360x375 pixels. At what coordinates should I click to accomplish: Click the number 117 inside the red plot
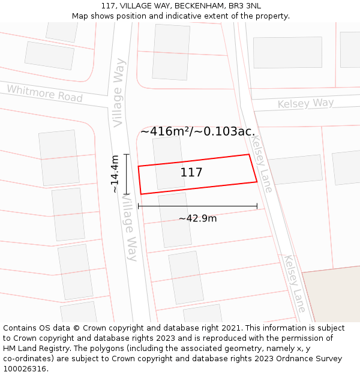point(191,173)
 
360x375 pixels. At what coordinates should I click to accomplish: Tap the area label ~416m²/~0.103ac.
point(197,131)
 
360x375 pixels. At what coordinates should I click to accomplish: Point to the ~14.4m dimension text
point(115,174)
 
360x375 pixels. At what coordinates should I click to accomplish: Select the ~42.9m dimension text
point(197,218)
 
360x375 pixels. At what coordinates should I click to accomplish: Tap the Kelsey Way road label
point(305,103)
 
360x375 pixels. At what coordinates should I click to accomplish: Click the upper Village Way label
point(119,92)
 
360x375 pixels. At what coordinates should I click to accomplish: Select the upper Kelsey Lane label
point(262,163)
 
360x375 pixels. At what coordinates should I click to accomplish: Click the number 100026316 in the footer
point(25,369)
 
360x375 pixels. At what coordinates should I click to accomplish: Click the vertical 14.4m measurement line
point(126,174)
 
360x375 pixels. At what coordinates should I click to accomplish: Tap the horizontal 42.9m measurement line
point(197,206)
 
